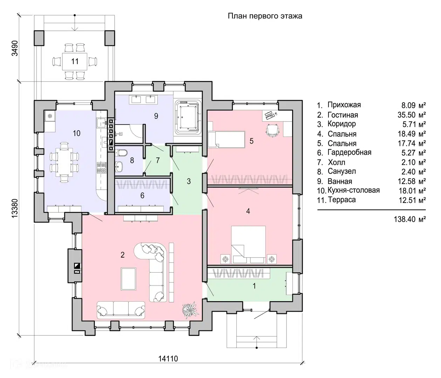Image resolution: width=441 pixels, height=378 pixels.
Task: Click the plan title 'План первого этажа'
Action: (x=265, y=16)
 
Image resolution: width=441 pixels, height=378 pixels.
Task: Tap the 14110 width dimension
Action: (x=168, y=359)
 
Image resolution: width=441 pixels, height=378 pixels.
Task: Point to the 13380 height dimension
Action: (x=15, y=208)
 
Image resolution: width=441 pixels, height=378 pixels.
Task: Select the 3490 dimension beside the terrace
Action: (x=15, y=48)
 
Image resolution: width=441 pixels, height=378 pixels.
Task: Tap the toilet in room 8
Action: (x=122, y=153)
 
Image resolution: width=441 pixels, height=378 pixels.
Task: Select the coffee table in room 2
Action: (x=129, y=279)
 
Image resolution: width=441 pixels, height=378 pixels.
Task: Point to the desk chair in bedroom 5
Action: (x=273, y=130)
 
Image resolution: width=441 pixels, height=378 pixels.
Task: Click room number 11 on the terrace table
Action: (x=75, y=61)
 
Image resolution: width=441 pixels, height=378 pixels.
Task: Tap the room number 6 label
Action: (x=142, y=196)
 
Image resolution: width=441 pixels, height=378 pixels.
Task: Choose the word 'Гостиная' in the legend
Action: (x=343, y=115)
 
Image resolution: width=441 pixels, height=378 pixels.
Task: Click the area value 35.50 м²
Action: (x=412, y=115)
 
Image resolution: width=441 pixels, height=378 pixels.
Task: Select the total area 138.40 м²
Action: (x=409, y=219)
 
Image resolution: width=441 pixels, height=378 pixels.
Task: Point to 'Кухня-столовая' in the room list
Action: (x=354, y=190)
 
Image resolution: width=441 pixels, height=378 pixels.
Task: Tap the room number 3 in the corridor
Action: (x=188, y=181)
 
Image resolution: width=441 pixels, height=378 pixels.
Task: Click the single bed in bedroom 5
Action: (x=226, y=139)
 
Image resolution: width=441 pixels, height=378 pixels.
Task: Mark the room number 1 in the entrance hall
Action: (x=254, y=286)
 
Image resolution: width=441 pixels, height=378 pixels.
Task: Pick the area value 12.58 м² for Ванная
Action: (x=412, y=181)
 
